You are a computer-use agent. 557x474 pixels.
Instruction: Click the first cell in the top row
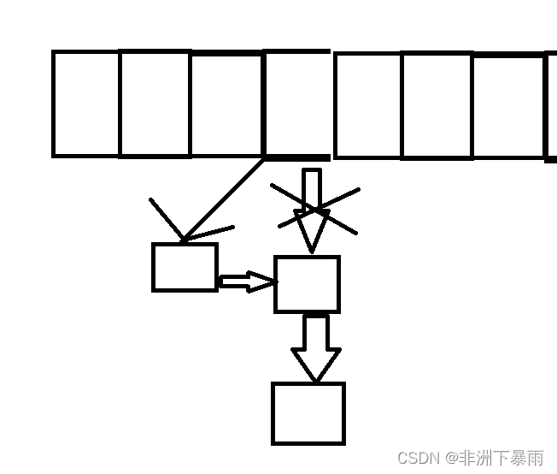pyautogui.click(x=86, y=104)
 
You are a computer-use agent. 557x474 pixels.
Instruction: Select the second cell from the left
pyautogui.click(x=155, y=104)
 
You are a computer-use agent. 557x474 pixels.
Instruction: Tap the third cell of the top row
pyautogui.click(x=226, y=104)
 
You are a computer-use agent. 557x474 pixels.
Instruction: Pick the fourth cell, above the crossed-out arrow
pyautogui.click(x=297, y=104)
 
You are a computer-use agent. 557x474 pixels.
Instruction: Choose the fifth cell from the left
pyautogui.click(x=367, y=104)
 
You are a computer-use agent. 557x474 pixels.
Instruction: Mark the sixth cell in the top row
pyautogui.click(x=437, y=104)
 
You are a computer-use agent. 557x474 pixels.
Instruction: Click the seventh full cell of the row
pyautogui.click(x=508, y=104)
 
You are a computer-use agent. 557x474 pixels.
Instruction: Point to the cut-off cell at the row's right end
pyautogui.click(x=551, y=104)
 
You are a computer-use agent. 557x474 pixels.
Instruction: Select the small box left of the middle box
pyautogui.click(x=185, y=267)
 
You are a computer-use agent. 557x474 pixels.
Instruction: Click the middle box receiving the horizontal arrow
pyautogui.click(x=307, y=284)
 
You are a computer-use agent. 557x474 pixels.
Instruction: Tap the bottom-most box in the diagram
pyautogui.click(x=308, y=413)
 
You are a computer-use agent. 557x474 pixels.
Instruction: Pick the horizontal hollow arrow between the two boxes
pyautogui.click(x=245, y=281)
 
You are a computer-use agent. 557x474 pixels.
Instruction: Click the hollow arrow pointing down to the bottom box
pyautogui.click(x=315, y=347)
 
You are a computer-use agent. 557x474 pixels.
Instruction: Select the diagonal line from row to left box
pyautogui.click(x=224, y=198)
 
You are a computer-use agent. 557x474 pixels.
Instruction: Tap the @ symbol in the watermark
pyautogui.click(x=450, y=459)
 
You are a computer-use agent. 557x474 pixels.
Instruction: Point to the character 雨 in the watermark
pyautogui.click(x=535, y=458)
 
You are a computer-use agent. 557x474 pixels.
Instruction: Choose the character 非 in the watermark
pyautogui.click(x=469, y=458)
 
